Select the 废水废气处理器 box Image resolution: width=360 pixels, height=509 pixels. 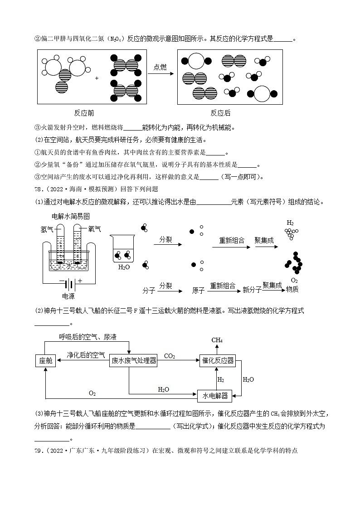tap(134, 360)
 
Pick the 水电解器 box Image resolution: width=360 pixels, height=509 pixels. tap(215, 396)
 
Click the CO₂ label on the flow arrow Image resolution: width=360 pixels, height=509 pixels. tap(170, 356)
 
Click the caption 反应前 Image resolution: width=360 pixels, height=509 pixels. tap(84, 113)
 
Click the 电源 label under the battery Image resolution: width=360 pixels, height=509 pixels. tap(68, 296)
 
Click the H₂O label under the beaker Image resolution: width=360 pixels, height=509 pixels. tap(124, 267)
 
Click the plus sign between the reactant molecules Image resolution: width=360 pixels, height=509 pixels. tap(97, 78)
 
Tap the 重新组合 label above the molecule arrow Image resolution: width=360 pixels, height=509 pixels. tap(232, 240)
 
